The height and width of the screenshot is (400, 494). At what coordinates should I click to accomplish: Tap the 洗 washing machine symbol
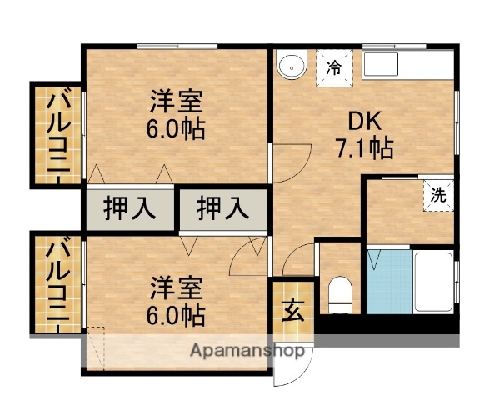(437, 196)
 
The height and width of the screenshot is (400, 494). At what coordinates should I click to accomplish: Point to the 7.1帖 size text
(364, 148)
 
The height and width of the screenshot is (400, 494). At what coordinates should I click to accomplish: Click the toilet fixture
(340, 292)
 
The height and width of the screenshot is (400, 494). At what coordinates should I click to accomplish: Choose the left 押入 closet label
(129, 207)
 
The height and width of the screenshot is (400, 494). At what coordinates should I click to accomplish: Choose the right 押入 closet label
(223, 207)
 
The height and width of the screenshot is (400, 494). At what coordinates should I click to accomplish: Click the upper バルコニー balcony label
(57, 133)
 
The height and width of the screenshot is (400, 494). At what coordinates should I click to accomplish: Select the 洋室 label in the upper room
(177, 103)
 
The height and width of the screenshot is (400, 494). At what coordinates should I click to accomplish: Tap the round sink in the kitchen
(292, 67)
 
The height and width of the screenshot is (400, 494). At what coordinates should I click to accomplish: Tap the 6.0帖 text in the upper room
(177, 130)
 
